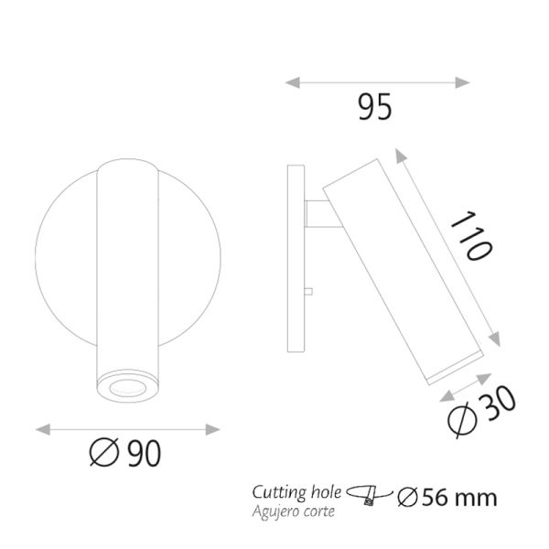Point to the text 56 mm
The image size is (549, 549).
click(x=458, y=498)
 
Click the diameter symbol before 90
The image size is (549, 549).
click(x=103, y=451)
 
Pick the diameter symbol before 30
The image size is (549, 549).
click(x=464, y=422)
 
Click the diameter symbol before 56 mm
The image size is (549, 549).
click(x=407, y=498)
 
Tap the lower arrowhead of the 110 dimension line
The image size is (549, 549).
click(x=498, y=340)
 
